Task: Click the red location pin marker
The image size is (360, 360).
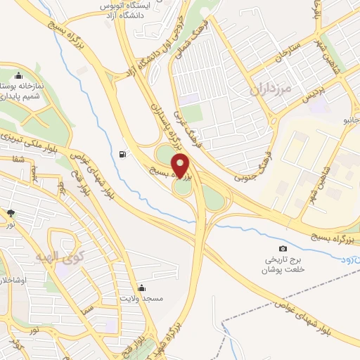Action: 182,166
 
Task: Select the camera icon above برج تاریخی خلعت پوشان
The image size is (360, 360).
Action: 283,248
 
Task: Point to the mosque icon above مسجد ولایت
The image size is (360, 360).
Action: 143,287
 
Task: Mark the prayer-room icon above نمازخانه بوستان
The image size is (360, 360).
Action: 18,76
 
